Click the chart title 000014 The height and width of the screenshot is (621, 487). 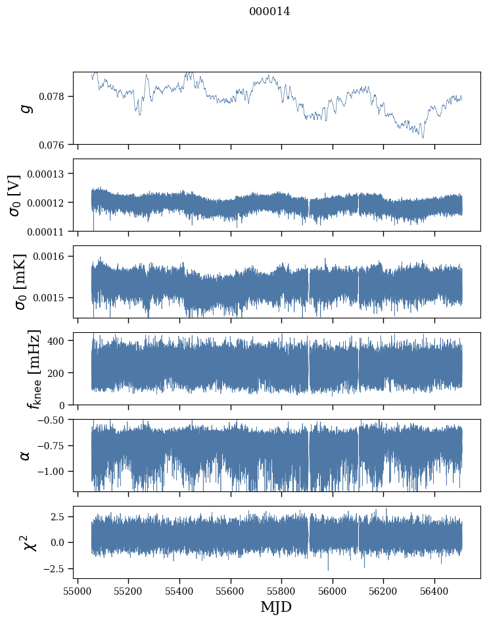[269, 11]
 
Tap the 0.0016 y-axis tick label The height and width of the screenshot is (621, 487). [52, 256]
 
